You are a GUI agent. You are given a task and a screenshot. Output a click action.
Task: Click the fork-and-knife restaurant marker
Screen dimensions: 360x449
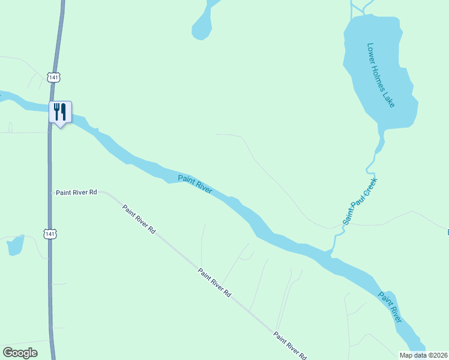(60, 112)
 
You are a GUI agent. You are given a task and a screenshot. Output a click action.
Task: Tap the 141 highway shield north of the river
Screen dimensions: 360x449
(54, 77)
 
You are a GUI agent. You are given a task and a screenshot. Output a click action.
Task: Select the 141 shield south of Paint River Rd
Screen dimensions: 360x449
(50, 233)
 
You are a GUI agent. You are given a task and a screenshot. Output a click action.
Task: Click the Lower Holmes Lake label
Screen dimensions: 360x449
(381, 74)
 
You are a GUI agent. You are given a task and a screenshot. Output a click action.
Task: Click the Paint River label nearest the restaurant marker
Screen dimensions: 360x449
(195, 184)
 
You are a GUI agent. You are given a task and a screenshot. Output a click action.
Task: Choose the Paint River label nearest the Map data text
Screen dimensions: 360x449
(389, 307)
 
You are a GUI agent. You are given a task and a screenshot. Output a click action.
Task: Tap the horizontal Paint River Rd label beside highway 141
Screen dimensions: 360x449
(76, 193)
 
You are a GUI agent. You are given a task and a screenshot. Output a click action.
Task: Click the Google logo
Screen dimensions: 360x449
(20, 353)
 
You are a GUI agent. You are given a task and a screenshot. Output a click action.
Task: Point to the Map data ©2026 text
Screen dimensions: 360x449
(423, 355)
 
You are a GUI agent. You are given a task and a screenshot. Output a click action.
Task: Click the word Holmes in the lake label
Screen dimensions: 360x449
(381, 76)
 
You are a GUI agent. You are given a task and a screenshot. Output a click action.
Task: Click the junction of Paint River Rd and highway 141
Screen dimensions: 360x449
(50, 193)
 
